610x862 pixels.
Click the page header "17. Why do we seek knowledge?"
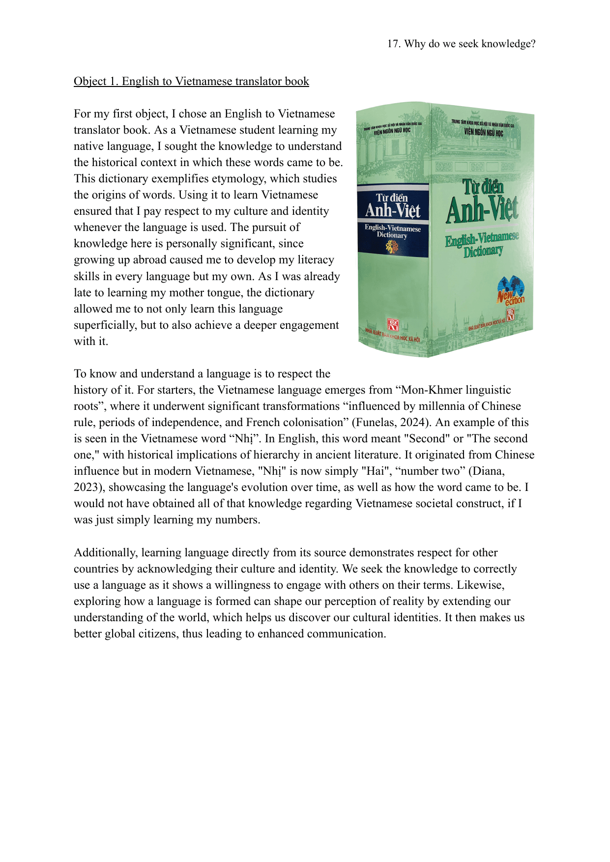pos(461,44)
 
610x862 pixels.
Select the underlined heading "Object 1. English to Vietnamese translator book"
pos(191,81)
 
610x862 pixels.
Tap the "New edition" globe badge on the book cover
pos(511,290)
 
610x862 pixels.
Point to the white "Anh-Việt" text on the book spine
pos(393,211)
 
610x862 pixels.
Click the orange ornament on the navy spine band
pos(392,247)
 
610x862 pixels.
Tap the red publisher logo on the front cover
pos(510,314)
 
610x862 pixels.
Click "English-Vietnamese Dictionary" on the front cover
pos(482,245)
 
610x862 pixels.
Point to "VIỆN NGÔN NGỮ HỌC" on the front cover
pos(484,132)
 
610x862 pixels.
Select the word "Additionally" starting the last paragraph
pos(106,553)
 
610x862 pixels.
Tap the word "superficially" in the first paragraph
pos(105,325)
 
